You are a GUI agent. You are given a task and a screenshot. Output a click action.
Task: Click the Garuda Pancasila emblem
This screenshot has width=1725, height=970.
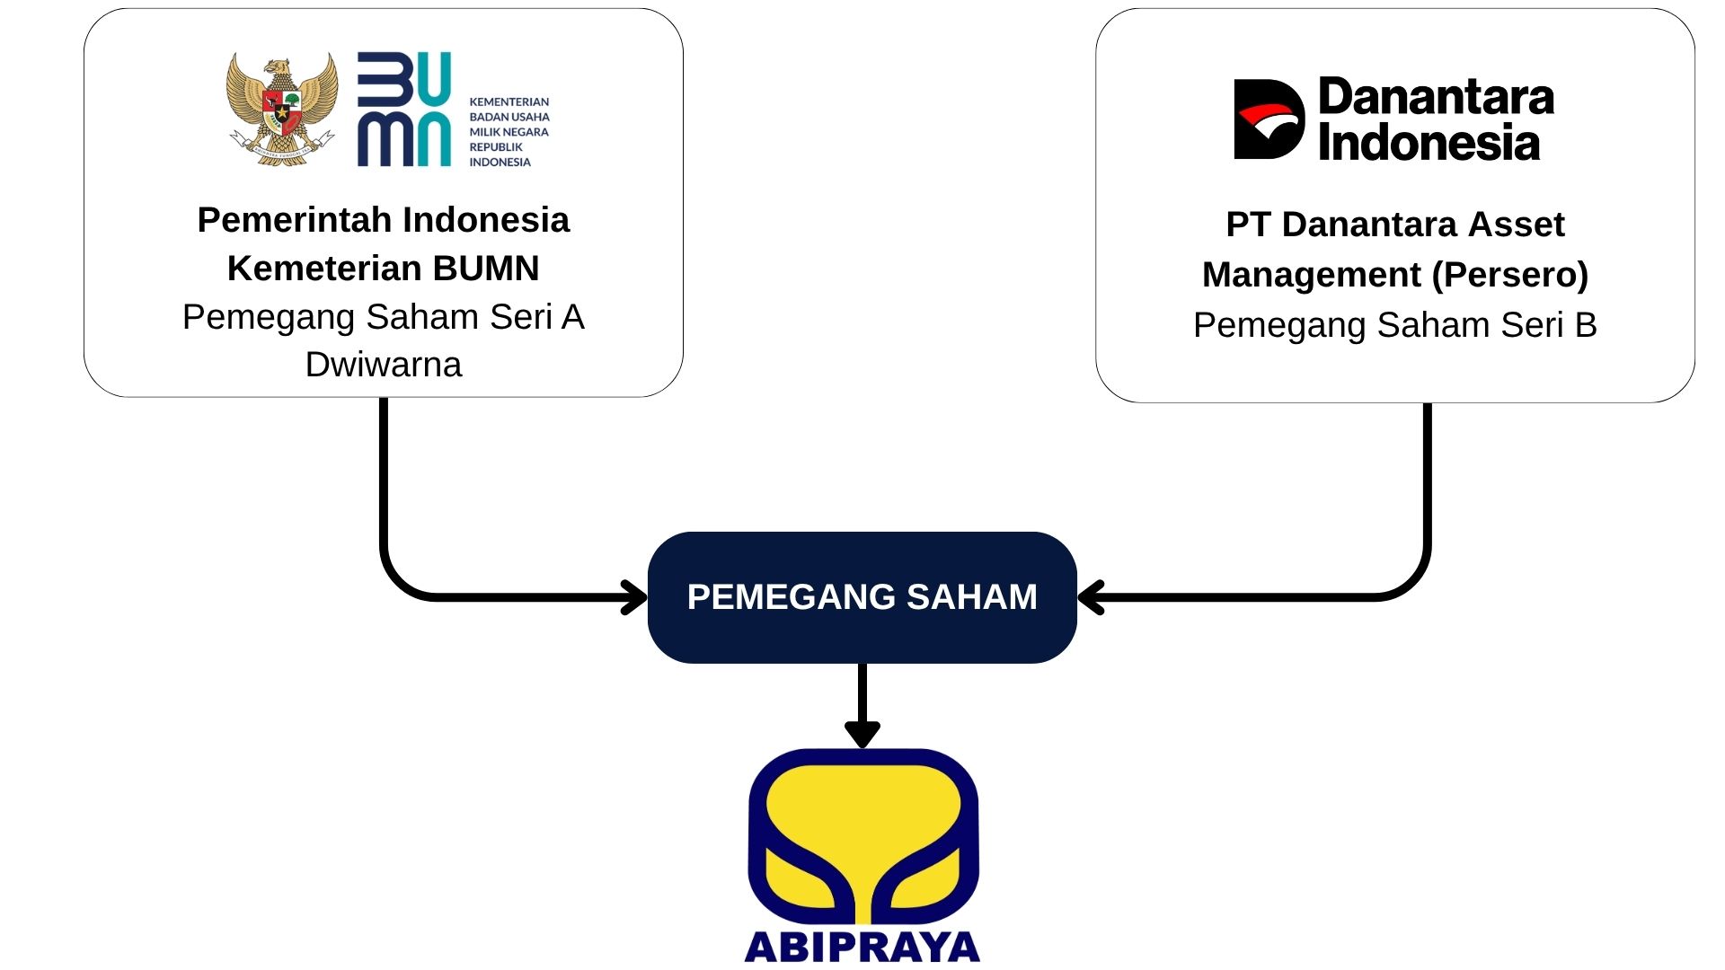[282, 109]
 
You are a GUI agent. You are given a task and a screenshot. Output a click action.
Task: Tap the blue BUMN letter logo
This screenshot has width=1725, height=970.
[403, 110]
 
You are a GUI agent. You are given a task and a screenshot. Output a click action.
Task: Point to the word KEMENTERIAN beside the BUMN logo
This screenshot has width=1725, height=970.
[509, 102]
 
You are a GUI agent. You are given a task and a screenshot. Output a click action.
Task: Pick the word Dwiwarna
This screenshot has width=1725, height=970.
[384, 365]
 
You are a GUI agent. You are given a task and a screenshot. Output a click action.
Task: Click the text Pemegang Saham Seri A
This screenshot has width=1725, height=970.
[384, 317]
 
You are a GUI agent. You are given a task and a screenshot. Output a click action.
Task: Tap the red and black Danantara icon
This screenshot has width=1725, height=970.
[1269, 119]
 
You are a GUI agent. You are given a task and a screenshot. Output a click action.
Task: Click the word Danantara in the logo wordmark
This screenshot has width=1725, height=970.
[1436, 97]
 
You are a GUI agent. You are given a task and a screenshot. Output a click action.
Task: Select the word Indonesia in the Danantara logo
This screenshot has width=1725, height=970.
[1429, 144]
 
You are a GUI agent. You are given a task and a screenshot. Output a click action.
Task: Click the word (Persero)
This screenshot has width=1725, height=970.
[1510, 275]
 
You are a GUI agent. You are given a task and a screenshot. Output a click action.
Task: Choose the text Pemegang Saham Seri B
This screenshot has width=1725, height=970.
[1394, 325]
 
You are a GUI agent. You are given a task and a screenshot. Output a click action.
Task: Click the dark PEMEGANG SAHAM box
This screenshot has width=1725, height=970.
[862, 597]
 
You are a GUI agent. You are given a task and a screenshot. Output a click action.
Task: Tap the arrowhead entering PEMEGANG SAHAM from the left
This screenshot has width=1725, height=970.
[635, 597]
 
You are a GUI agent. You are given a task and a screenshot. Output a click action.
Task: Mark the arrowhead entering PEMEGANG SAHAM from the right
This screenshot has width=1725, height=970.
[1090, 597]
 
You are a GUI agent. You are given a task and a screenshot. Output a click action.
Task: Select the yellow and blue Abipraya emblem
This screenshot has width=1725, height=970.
[862, 835]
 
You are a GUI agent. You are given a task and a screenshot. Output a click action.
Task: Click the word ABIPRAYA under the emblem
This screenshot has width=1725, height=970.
[862, 948]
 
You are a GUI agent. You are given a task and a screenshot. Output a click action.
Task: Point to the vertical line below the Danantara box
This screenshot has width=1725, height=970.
[1427, 476]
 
